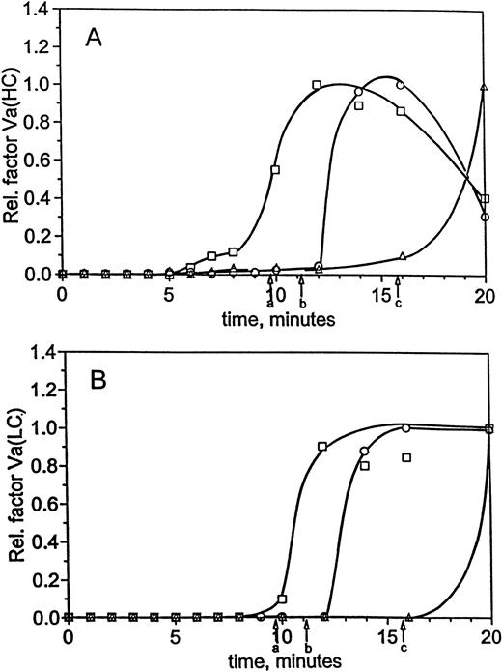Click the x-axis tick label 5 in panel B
point(175,637)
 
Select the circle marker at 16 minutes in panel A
point(400,85)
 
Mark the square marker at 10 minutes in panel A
point(275,170)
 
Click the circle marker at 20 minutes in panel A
point(486,218)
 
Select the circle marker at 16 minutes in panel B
point(405,428)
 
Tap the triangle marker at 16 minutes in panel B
point(408,616)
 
